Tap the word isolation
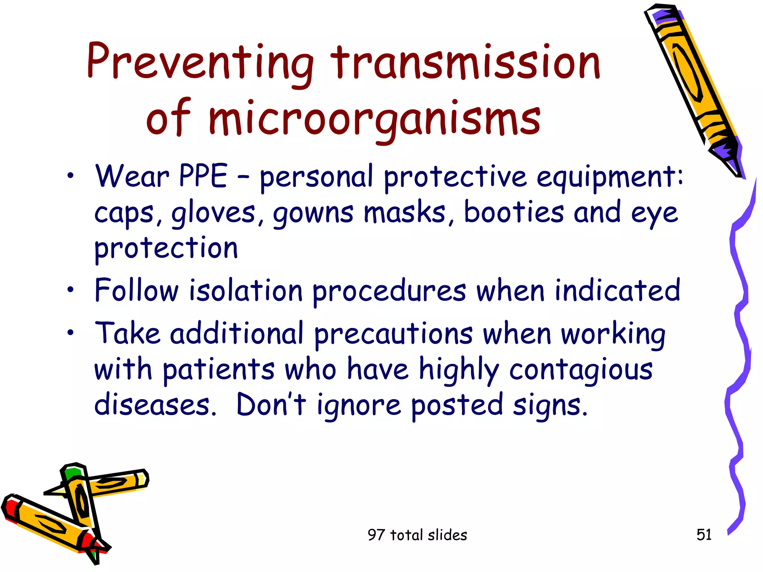click(x=246, y=290)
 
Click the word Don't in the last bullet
click(x=271, y=405)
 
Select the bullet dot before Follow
click(x=70, y=289)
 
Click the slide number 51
click(x=704, y=535)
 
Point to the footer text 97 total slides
click(x=417, y=535)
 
